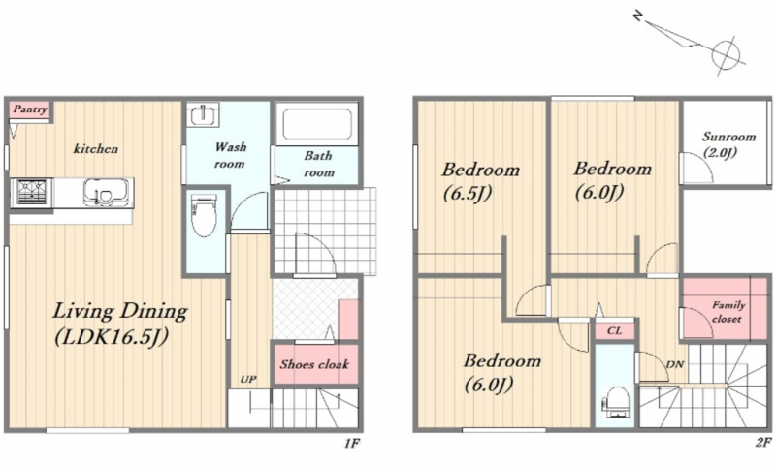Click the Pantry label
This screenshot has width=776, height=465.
coord(30,109)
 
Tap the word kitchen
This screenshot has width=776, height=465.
coord(95,148)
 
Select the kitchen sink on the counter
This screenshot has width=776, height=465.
coord(106,192)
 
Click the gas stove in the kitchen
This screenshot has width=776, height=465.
coord(32,192)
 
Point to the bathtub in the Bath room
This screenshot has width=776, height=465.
coord(317,124)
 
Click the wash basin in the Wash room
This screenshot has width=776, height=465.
coord(203,115)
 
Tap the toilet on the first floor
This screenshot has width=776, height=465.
coord(204,216)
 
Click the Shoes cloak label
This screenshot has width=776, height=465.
coord(314,364)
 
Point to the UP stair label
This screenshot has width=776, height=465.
coord(248,380)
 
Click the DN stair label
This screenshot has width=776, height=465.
coord(675,364)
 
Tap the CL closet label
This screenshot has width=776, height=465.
coord(614,330)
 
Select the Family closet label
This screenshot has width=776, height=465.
coord(727,312)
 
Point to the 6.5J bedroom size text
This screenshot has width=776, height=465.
coord(468,193)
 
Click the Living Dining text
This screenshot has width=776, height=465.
coord(120,311)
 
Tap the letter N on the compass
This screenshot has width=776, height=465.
coord(638,16)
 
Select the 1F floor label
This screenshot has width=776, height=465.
coord(352,444)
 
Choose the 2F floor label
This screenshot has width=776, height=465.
coord(763,443)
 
